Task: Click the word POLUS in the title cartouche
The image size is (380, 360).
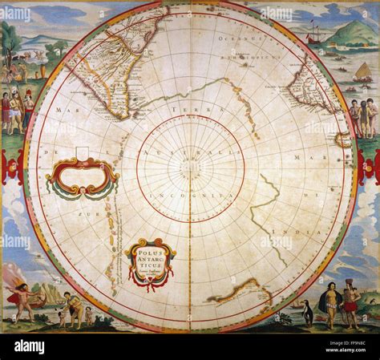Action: [x=149, y=250]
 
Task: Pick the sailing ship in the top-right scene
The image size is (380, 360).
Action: [x=315, y=35]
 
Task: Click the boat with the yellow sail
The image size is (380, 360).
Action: [x=362, y=72]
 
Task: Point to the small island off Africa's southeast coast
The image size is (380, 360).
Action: [x=343, y=139]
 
